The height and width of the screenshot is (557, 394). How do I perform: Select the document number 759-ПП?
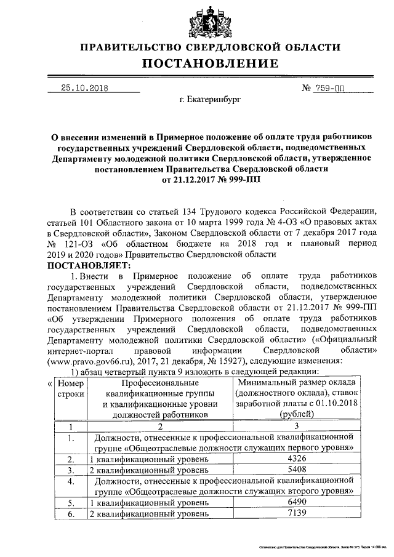330,88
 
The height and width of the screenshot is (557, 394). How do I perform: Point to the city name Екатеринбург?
210,98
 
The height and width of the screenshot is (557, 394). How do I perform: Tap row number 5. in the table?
71,503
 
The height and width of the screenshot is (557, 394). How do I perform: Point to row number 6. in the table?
71,514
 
